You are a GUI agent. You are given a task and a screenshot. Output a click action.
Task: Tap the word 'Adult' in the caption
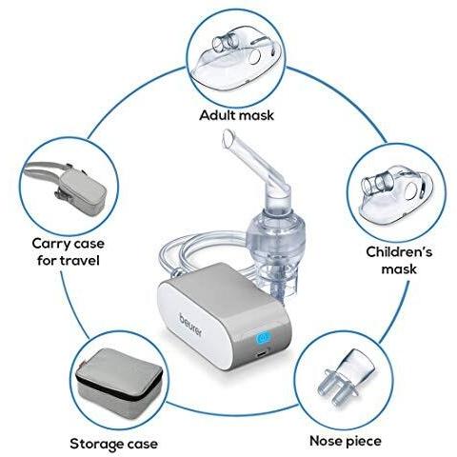pos(217,115)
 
